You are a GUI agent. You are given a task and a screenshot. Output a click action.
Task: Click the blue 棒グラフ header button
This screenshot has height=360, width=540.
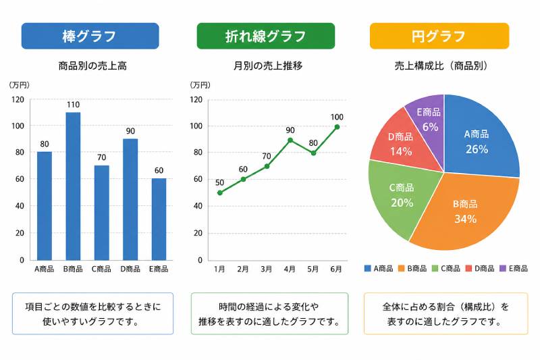coord(90,36)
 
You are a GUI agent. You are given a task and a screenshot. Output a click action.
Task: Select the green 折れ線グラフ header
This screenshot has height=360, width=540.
coord(265,36)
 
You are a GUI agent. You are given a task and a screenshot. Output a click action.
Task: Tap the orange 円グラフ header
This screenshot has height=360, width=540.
coord(439,36)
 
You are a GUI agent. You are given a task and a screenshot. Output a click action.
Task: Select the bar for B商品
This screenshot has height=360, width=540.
coord(73,186)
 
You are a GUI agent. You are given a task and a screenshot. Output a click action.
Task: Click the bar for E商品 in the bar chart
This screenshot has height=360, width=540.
coord(159,219)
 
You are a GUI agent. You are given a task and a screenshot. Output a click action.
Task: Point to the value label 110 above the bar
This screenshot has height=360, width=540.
coord(73,105)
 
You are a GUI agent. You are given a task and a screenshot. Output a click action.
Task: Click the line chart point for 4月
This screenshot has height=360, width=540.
coord(290,140)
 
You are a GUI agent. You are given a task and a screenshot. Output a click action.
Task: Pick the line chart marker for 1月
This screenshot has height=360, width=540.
coord(219,193)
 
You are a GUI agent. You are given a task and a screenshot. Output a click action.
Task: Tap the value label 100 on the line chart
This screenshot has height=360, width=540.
coord(337,117)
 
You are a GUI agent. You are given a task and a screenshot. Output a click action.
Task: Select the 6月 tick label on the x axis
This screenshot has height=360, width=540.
coord(337,269)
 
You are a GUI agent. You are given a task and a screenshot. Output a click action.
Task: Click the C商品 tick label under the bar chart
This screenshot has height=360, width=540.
coord(101,269)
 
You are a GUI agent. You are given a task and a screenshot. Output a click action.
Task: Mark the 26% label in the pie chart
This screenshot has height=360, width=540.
coord(477,149)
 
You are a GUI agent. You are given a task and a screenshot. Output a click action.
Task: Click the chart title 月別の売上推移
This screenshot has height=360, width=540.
coord(267,66)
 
